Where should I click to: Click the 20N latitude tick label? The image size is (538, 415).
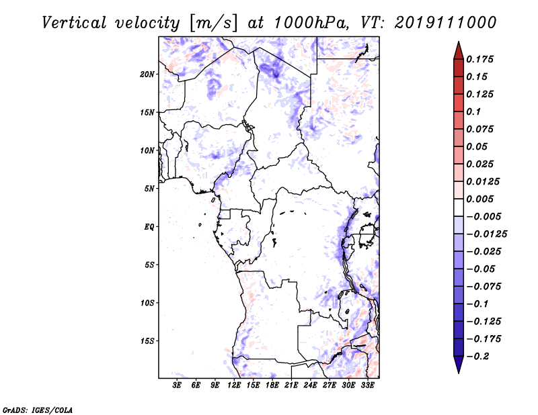(147, 75)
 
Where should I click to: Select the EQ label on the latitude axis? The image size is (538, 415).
(149, 227)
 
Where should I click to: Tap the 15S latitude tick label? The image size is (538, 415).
(147, 341)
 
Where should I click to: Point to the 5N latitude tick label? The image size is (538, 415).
(149, 189)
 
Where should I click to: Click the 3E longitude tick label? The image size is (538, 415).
(177, 385)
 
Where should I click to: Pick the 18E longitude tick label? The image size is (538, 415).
(272, 385)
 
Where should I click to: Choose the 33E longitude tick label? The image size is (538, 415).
(367, 385)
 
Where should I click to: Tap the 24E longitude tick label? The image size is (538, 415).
(310, 385)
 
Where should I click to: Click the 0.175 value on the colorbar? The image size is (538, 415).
(479, 59)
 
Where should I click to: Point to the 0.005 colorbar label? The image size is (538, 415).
(479, 199)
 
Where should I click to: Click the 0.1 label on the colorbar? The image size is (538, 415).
(473, 111)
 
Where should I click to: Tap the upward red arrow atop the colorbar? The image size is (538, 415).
(459, 50)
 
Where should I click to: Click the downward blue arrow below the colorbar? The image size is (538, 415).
(459, 365)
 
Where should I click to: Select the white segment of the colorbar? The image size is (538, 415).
(459, 207)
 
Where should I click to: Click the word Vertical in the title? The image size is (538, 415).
(74, 23)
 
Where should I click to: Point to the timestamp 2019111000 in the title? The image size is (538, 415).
(445, 23)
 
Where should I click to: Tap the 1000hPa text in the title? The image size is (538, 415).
(309, 23)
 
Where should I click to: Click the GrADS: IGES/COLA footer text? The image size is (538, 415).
(38, 410)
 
